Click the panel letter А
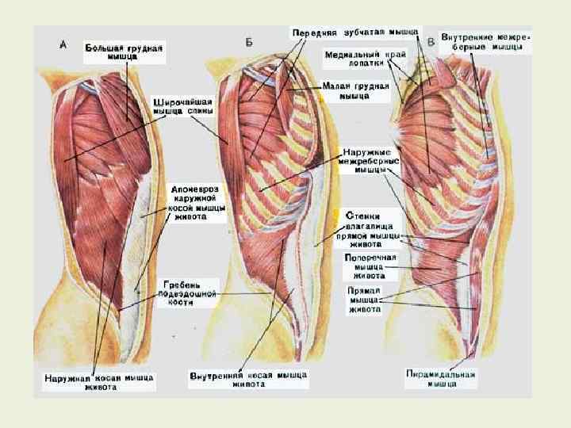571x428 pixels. coord(63,45)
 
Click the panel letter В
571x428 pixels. coord(431,41)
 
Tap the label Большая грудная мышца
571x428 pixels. coord(124,52)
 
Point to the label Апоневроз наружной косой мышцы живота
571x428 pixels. coord(198,203)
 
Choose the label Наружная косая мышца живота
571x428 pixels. coord(99,381)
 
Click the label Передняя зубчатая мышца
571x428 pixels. coord(354,32)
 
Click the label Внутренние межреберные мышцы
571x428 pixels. coord(486,42)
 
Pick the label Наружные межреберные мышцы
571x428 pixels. coord(370,159)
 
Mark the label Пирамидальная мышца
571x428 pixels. coord(440,378)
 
